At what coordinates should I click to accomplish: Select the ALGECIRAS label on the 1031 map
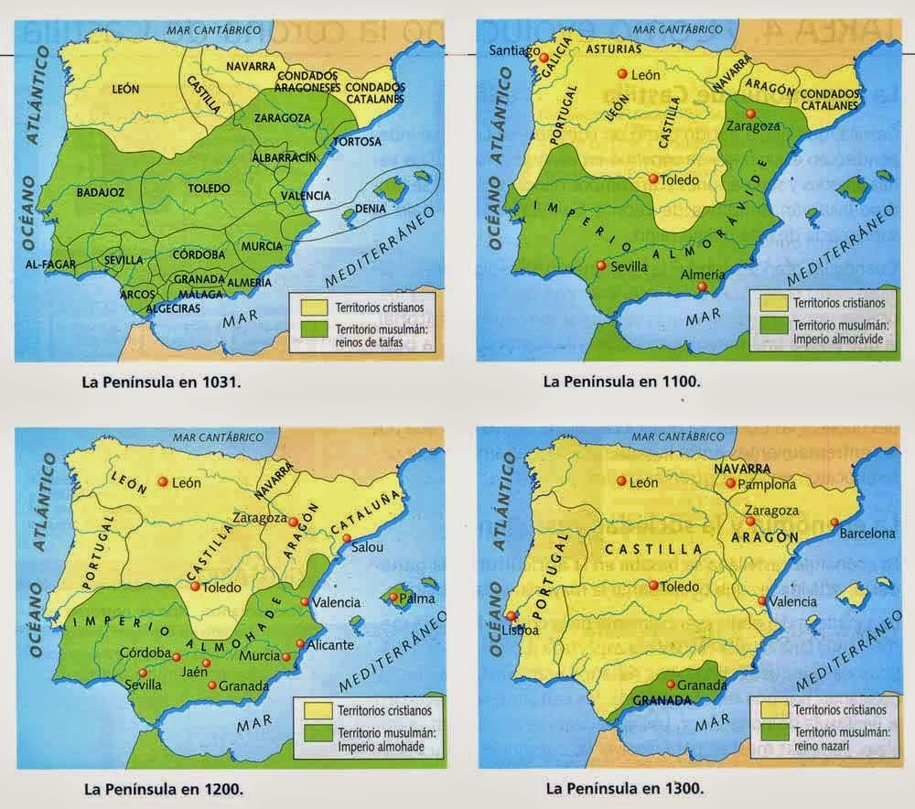coord(169,308)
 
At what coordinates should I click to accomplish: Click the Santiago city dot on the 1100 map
coord(544,58)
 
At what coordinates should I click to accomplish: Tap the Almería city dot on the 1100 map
coord(703,287)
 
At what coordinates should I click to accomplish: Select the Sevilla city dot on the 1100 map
coord(600,265)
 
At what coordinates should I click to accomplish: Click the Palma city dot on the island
coord(393,599)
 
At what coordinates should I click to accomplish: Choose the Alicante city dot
coord(300,643)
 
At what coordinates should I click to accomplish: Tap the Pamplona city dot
coord(730,483)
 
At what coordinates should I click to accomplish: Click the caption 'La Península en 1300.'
coord(624,786)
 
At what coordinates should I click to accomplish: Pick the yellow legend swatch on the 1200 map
coord(309,708)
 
